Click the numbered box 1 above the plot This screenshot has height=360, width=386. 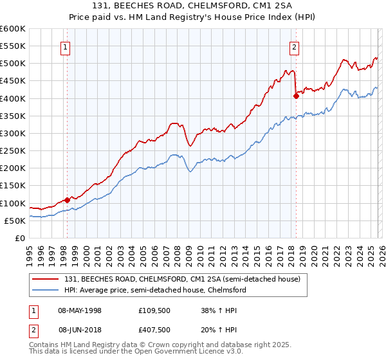tap(66, 46)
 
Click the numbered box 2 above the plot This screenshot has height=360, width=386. tap(294, 46)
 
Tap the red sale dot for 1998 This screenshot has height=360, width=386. tap(67, 200)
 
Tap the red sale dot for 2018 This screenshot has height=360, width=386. tap(296, 96)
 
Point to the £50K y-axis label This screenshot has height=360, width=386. tap(15, 221)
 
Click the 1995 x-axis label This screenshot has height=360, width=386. tap(30, 250)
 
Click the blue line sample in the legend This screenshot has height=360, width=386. tap(46, 290)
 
